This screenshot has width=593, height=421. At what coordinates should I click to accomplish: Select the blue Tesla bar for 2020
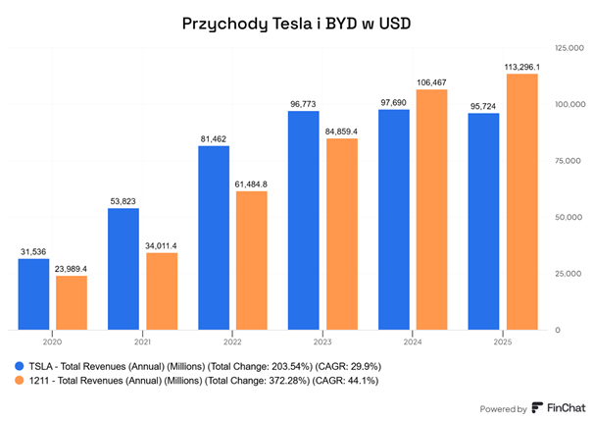click(33, 294)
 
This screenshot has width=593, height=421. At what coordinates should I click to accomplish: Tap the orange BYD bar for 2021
click(161, 291)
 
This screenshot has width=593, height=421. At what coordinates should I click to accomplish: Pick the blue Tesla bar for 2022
click(214, 237)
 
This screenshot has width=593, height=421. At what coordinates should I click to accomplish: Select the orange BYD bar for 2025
click(520, 202)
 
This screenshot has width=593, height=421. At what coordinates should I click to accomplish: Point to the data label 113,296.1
click(521, 67)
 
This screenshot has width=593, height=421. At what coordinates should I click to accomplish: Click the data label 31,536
click(33, 251)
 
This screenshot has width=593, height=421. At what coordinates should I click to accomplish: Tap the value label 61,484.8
click(251, 184)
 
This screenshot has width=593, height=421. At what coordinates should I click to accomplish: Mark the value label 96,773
click(303, 103)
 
